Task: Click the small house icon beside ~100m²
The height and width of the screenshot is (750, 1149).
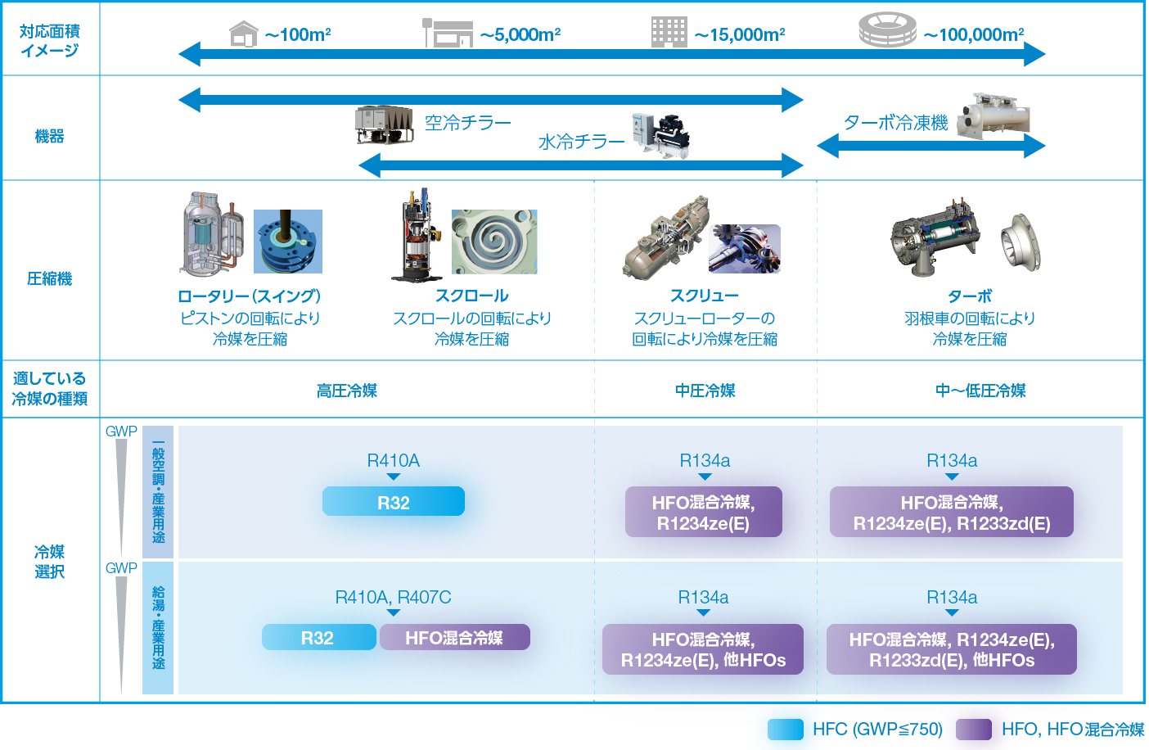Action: [244, 34]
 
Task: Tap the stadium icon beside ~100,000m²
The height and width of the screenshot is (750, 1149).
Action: [886, 30]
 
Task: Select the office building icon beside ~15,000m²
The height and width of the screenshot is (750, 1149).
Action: [669, 32]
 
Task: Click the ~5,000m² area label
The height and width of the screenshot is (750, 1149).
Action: [520, 35]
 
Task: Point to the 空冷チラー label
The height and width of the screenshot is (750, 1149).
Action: [467, 123]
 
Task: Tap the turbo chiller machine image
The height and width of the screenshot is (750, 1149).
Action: [993, 115]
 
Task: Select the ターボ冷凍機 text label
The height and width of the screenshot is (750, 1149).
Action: [895, 123]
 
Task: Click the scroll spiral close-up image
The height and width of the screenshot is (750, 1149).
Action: [494, 242]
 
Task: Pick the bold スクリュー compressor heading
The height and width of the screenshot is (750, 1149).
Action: [704, 296]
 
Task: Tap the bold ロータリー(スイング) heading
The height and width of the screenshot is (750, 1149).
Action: [249, 296]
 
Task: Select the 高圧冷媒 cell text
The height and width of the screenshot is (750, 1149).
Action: [347, 391]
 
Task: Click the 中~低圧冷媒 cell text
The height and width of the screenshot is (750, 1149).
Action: [980, 391]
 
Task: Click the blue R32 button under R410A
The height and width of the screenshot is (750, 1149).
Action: [394, 502]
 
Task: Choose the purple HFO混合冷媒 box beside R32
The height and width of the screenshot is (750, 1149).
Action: [454, 638]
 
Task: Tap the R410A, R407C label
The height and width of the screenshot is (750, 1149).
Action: [393, 598]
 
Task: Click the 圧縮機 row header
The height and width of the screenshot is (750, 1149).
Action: [49, 278]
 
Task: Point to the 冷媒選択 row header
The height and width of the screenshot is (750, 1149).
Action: [49, 562]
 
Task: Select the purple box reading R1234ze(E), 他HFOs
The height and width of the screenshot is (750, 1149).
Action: [703, 650]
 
